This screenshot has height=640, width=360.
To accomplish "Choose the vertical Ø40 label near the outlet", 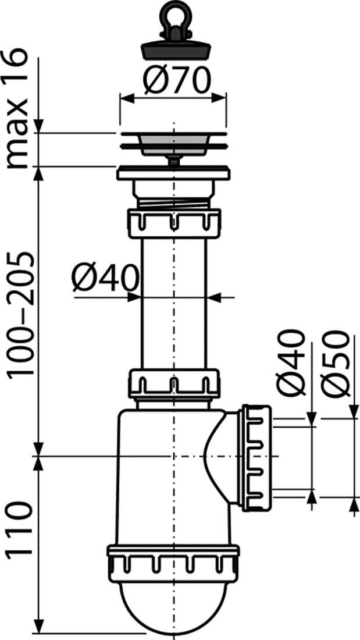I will [x=293, y=364].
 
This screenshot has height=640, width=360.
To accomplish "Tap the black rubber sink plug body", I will [x=174, y=50].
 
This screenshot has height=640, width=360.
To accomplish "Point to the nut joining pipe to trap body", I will [x=173, y=382].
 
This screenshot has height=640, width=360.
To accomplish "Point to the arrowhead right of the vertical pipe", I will [x=213, y=297].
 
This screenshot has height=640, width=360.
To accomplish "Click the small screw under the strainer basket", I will [x=173, y=161].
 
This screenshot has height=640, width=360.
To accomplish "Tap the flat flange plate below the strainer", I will [x=174, y=173].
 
